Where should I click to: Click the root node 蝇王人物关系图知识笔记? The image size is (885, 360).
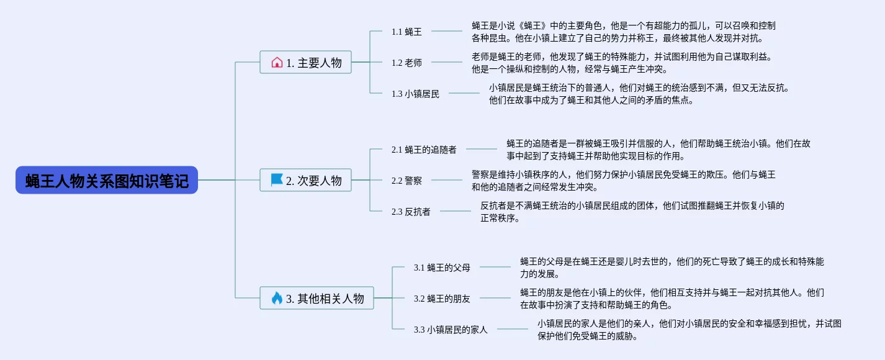(107, 181)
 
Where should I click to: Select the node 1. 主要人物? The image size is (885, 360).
(305, 62)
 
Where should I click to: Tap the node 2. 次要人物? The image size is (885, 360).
(305, 180)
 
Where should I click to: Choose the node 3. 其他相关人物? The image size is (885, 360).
(317, 298)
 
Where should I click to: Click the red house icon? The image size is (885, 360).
(277, 62)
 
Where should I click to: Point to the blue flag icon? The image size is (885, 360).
(277, 180)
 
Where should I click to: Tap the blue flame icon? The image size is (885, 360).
(277, 298)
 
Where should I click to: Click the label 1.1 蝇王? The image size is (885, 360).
(407, 31)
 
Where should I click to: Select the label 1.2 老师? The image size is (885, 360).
(407, 62)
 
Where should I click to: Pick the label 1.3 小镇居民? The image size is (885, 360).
(415, 94)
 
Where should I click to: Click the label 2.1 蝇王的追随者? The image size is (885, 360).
(424, 150)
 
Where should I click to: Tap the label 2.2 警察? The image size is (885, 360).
(407, 181)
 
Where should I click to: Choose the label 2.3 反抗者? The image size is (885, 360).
(411, 212)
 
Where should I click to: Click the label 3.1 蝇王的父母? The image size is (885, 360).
(442, 268)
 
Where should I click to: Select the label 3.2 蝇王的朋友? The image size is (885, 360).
(442, 299)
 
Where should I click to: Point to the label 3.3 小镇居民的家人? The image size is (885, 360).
(451, 330)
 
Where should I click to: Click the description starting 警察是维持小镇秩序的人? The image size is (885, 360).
(623, 181)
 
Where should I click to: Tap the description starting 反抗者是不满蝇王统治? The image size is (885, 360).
(632, 212)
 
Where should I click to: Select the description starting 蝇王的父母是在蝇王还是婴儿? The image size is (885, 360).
(672, 268)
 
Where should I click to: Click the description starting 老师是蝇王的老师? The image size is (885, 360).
(621, 63)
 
